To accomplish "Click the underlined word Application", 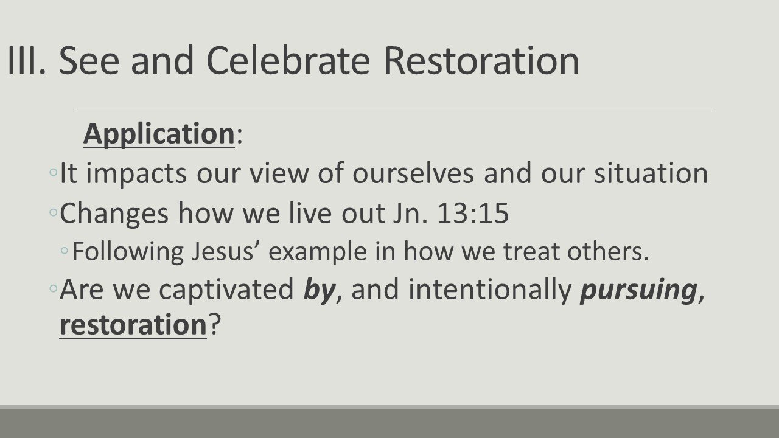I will tap(158, 134).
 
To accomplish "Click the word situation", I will tap(647, 174).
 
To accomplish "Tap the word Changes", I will tap(114, 214).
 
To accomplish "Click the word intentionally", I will tap(491, 290).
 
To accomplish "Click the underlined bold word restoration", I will tap(133, 325).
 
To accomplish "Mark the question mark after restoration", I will tap(214, 325).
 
